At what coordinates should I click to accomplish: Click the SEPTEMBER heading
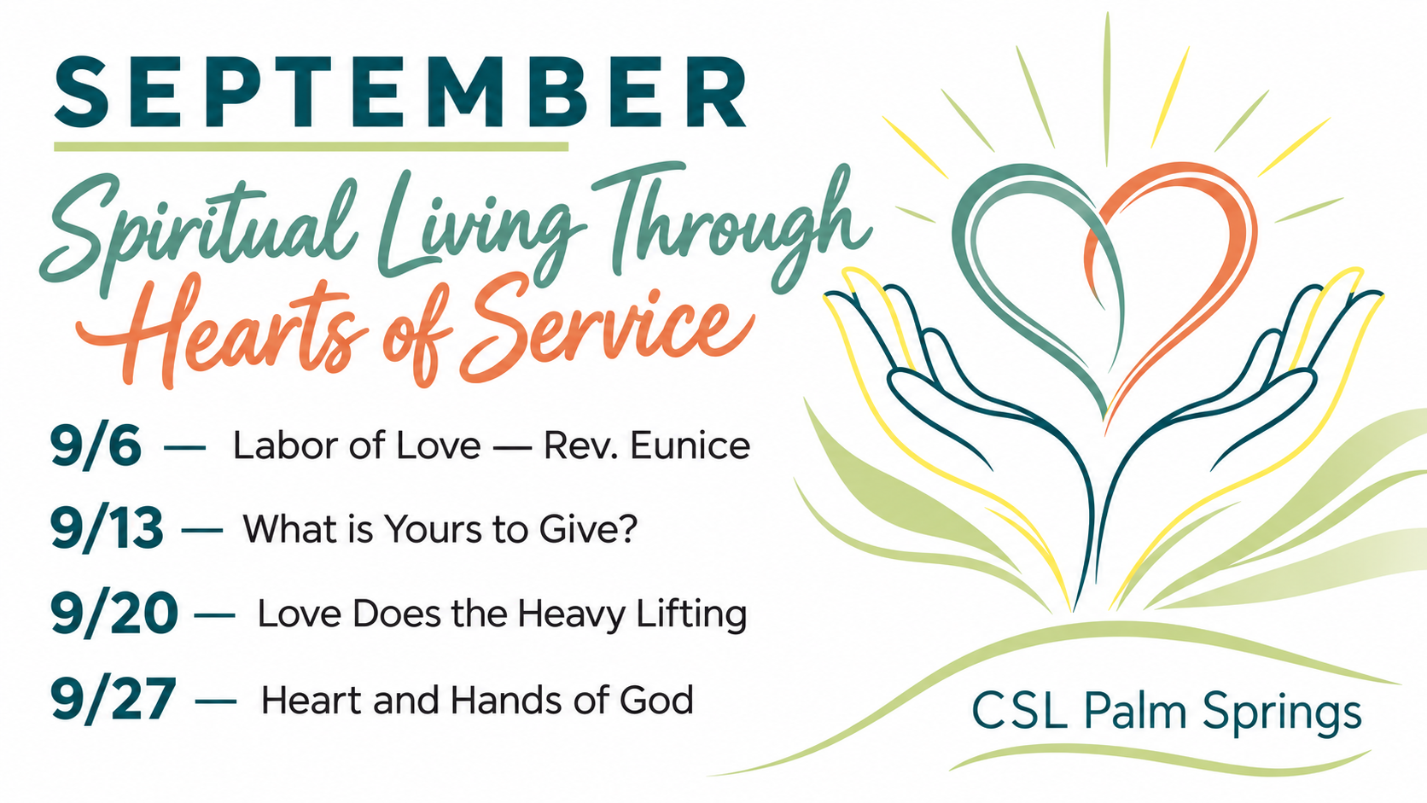coord(400,93)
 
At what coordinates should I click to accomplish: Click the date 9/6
coord(96,445)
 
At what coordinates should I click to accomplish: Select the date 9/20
coord(114,614)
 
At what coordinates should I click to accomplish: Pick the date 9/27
coord(113,699)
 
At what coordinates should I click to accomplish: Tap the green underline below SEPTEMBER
coord(311,147)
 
